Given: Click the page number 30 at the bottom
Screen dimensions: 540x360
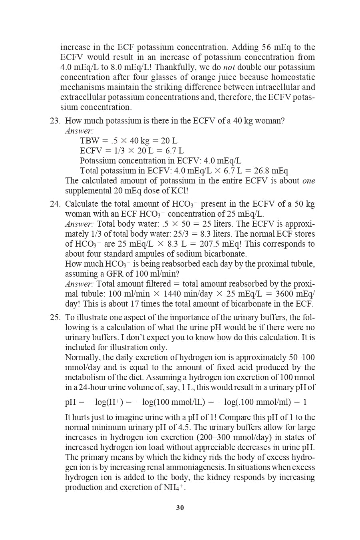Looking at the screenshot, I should click(x=180, y=508).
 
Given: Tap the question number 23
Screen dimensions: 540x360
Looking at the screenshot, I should click(x=55, y=121).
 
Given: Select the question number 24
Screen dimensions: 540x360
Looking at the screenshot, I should click(x=55, y=204).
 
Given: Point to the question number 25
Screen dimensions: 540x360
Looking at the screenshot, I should click(x=55, y=317).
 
